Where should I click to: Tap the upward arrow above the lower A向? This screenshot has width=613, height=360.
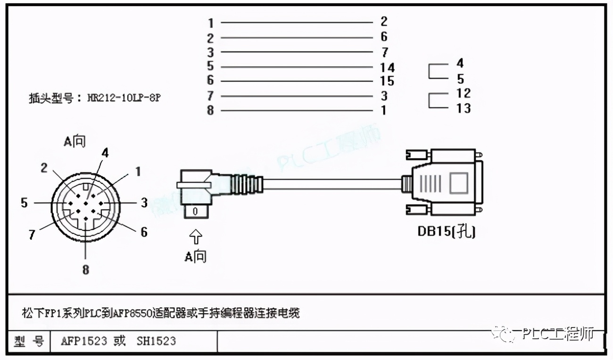click(x=196, y=237)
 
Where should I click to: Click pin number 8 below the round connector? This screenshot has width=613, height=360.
click(x=85, y=270)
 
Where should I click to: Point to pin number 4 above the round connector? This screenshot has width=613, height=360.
click(x=105, y=153)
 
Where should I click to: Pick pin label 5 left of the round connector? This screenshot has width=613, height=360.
click(x=25, y=203)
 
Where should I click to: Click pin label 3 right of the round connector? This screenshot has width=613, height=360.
click(x=144, y=203)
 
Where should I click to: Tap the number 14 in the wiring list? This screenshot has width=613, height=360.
click(x=387, y=68)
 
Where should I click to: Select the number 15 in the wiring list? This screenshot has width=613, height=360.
click(x=387, y=82)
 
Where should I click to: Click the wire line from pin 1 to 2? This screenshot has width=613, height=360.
click(x=297, y=23)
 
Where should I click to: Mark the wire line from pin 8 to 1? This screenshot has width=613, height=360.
click(x=297, y=111)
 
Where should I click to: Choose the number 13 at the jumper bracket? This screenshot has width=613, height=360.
click(x=464, y=108)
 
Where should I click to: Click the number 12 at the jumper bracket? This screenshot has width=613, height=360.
click(x=464, y=93)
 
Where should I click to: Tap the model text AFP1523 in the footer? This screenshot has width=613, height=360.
click(x=84, y=341)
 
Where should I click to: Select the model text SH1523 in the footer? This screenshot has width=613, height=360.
click(x=156, y=341)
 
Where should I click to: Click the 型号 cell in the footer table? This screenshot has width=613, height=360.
click(x=29, y=341)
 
